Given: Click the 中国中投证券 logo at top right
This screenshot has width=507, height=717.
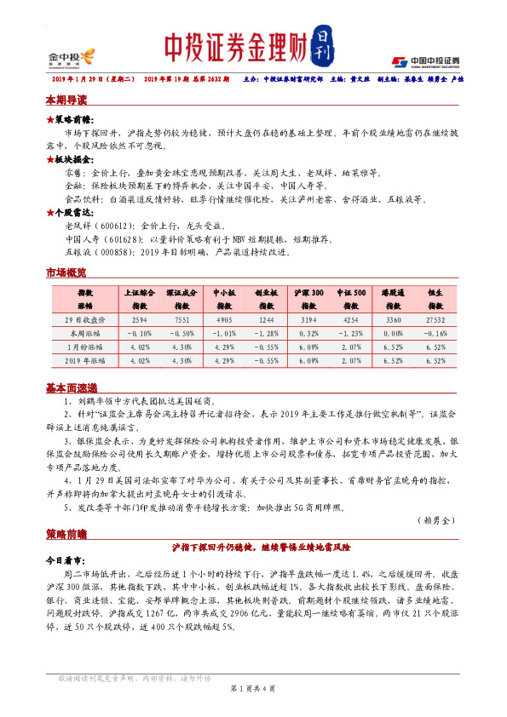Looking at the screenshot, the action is tap(425, 60).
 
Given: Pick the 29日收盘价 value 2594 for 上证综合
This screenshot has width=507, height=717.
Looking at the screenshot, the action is tap(140, 319).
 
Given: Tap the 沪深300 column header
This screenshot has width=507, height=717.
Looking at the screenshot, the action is tap(311, 298).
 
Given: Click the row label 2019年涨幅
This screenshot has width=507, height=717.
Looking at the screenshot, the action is tap(85, 360).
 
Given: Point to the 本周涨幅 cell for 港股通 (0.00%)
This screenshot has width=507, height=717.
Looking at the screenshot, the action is tap(392, 333).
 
